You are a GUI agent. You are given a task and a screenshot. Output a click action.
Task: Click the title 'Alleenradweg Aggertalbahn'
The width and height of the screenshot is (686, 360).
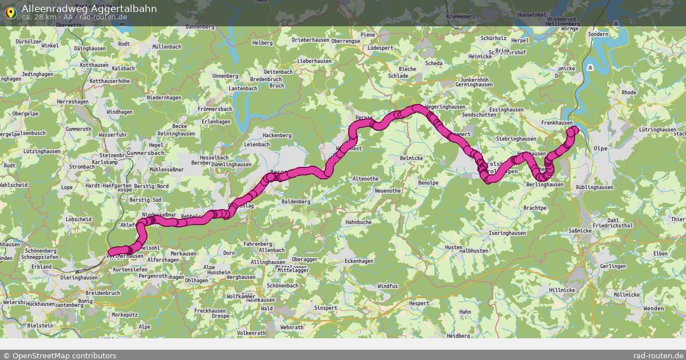click(x=89, y=8)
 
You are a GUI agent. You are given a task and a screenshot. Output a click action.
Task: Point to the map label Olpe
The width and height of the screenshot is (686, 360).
click(x=601, y=148)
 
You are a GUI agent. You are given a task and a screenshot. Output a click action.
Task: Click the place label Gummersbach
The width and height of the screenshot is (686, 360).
click(x=129, y=154)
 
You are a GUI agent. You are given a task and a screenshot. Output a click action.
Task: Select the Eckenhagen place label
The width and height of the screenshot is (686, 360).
click(x=359, y=261)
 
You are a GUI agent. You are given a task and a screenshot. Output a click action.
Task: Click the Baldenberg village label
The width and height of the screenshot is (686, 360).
click(x=296, y=202)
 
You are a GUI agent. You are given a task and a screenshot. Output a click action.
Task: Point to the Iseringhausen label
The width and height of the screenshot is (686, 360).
click(x=505, y=233)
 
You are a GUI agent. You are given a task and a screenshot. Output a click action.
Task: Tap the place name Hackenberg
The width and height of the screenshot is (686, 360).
click(x=277, y=135)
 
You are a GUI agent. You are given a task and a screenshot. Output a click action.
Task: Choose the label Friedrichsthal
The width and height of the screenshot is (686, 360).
click(x=612, y=226)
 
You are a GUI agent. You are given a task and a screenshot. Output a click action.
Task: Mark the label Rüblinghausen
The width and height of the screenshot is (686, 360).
click(x=595, y=187)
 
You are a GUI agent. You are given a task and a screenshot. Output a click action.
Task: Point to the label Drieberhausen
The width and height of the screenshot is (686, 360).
click(x=310, y=40)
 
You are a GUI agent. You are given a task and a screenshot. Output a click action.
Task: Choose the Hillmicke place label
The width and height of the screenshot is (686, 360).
click(x=561, y=290)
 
